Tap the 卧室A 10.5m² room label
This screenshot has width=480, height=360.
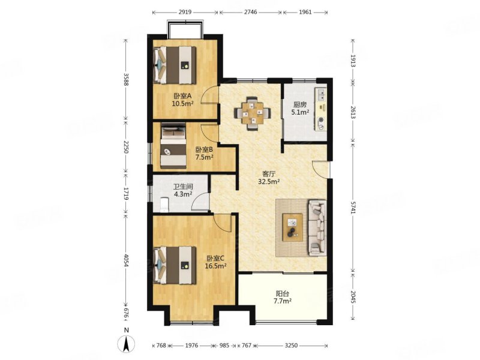tap(182, 100)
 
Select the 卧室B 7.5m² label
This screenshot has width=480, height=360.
tap(204, 154)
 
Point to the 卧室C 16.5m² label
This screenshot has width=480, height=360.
tap(215, 262)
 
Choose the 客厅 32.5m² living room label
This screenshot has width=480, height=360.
tap(269, 178)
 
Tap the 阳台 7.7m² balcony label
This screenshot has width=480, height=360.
tap(282, 297)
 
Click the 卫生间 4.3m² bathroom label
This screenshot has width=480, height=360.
tap(183, 190)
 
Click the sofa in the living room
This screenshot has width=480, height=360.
tap(317, 228)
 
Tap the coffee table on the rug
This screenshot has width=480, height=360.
tap(292, 227)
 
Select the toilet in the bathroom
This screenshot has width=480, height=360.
tap(164, 205)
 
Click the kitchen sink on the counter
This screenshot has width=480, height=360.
tap(321, 94)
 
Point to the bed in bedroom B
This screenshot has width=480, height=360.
tap(173, 146)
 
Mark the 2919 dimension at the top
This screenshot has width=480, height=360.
tap(185, 12)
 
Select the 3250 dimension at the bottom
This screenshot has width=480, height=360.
tap(291, 346)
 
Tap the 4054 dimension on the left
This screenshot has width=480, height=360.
tap(125, 260)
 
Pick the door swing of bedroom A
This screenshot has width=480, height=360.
tap(210, 95)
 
